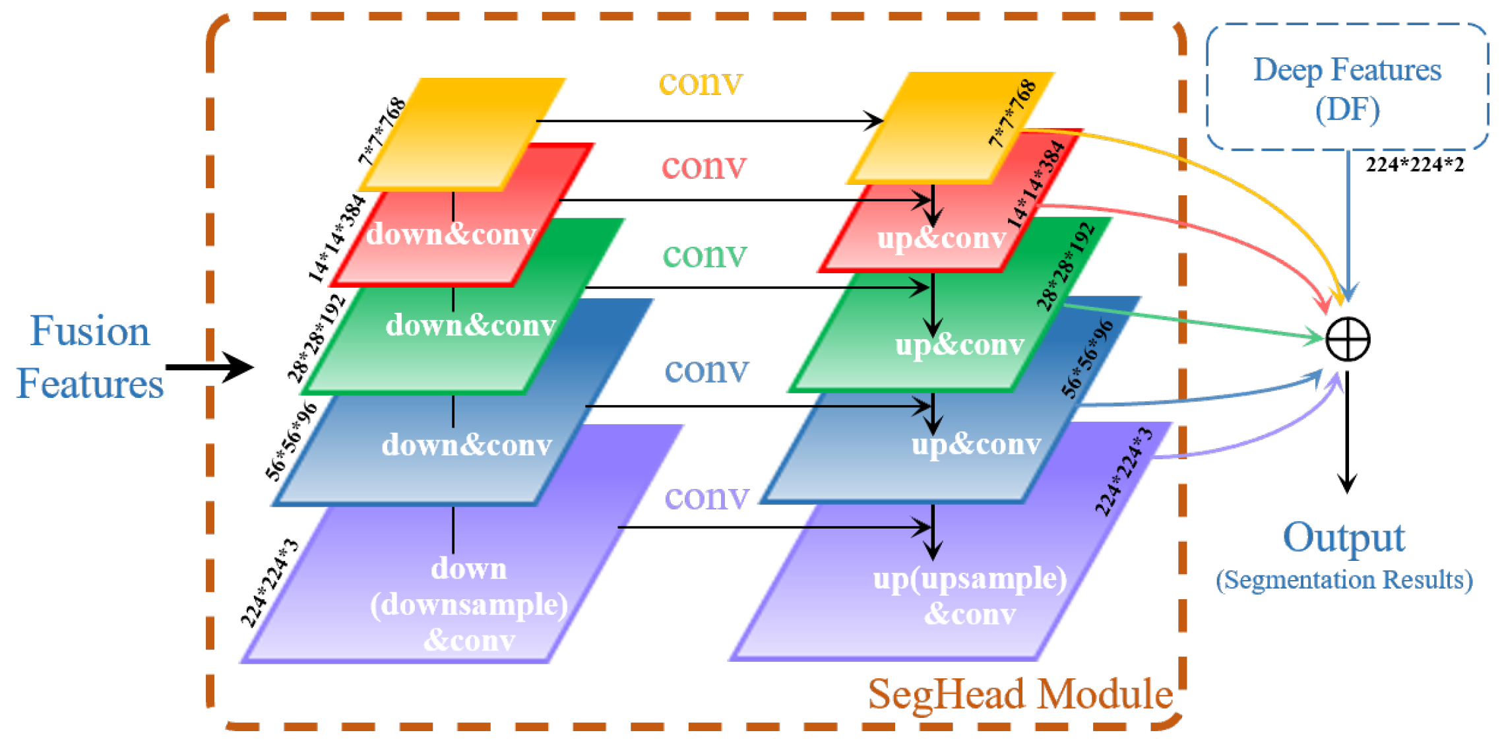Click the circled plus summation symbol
click(1347, 339)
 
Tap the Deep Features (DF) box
click(1347, 88)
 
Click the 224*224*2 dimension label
click(1414, 164)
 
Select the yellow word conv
click(701, 82)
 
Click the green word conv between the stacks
click(705, 254)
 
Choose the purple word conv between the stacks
click(706, 496)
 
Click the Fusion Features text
click(90, 357)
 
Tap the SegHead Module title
click(1020, 694)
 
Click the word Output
click(1344, 538)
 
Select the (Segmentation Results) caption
click(1344, 580)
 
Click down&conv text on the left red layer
click(451, 234)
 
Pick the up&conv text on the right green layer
click(960, 344)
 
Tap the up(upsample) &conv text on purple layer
click(970, 596)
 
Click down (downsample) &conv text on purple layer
click(468, 604)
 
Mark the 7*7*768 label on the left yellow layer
click(381, 131)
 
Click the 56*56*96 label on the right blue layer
click(1087, 359)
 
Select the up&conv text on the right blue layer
click(976, 444)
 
